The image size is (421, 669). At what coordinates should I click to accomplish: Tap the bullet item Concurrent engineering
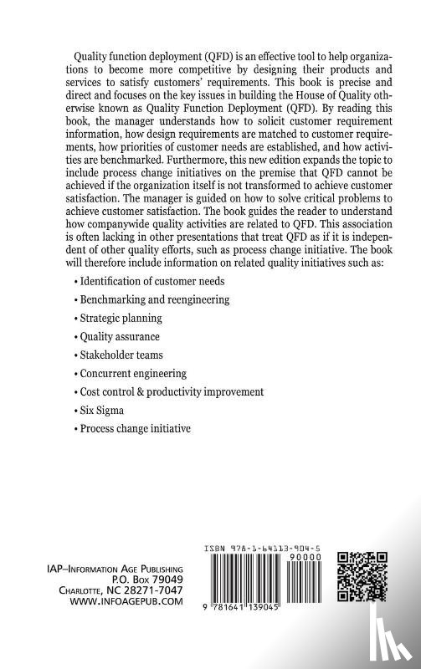click(131, 373)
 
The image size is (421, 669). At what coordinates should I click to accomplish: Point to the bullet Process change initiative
click(134, 428)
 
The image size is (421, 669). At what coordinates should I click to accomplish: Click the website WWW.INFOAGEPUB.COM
click(131, 600)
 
